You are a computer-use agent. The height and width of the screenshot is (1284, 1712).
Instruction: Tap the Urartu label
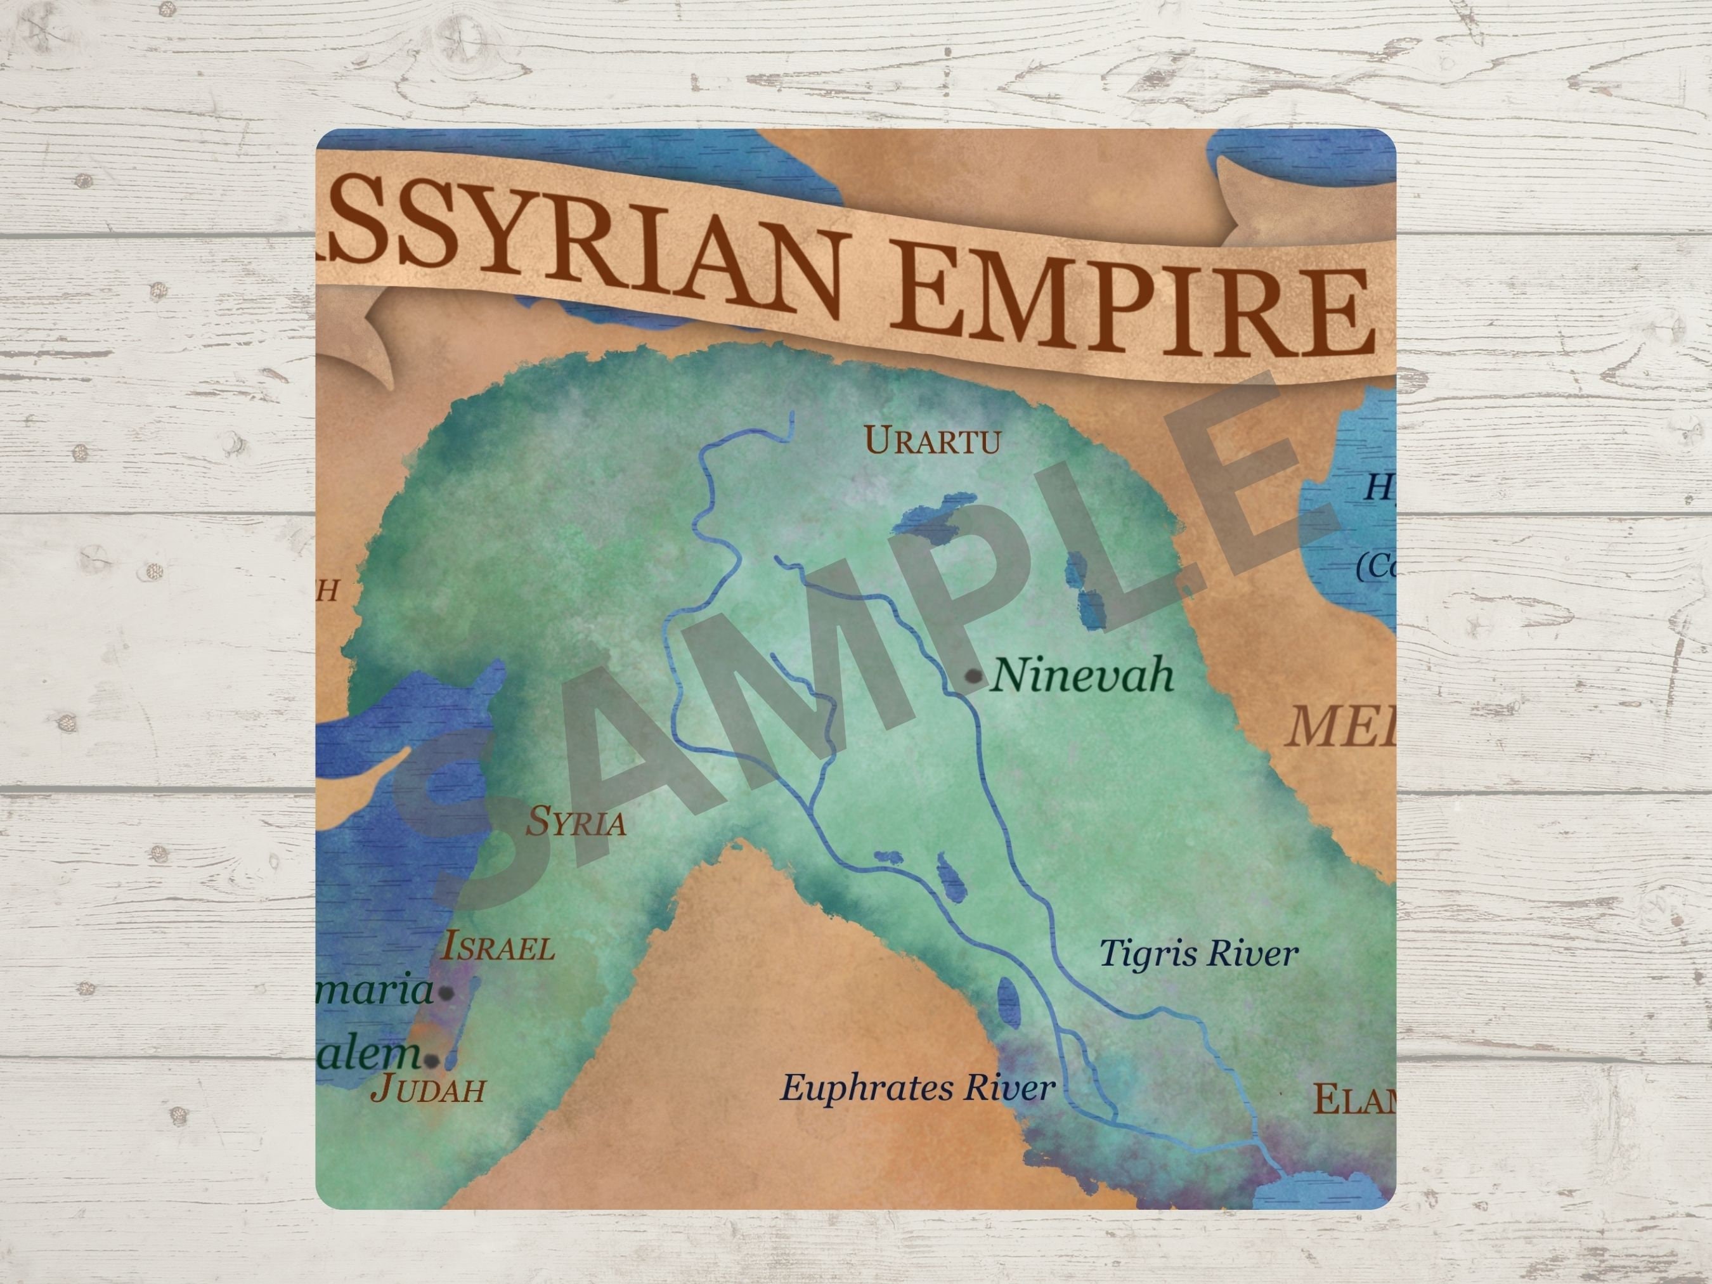932,442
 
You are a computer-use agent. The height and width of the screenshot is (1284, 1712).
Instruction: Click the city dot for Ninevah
975,677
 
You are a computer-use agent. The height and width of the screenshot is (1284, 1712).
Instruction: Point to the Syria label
576,822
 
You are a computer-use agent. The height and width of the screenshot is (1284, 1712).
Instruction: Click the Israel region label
498,947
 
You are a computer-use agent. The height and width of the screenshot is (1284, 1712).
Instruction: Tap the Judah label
428,1088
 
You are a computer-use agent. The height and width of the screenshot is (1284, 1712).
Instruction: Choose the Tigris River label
1198,954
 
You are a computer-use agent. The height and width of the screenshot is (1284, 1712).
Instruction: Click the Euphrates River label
917,1088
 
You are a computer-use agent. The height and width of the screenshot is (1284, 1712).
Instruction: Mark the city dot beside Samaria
446,993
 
